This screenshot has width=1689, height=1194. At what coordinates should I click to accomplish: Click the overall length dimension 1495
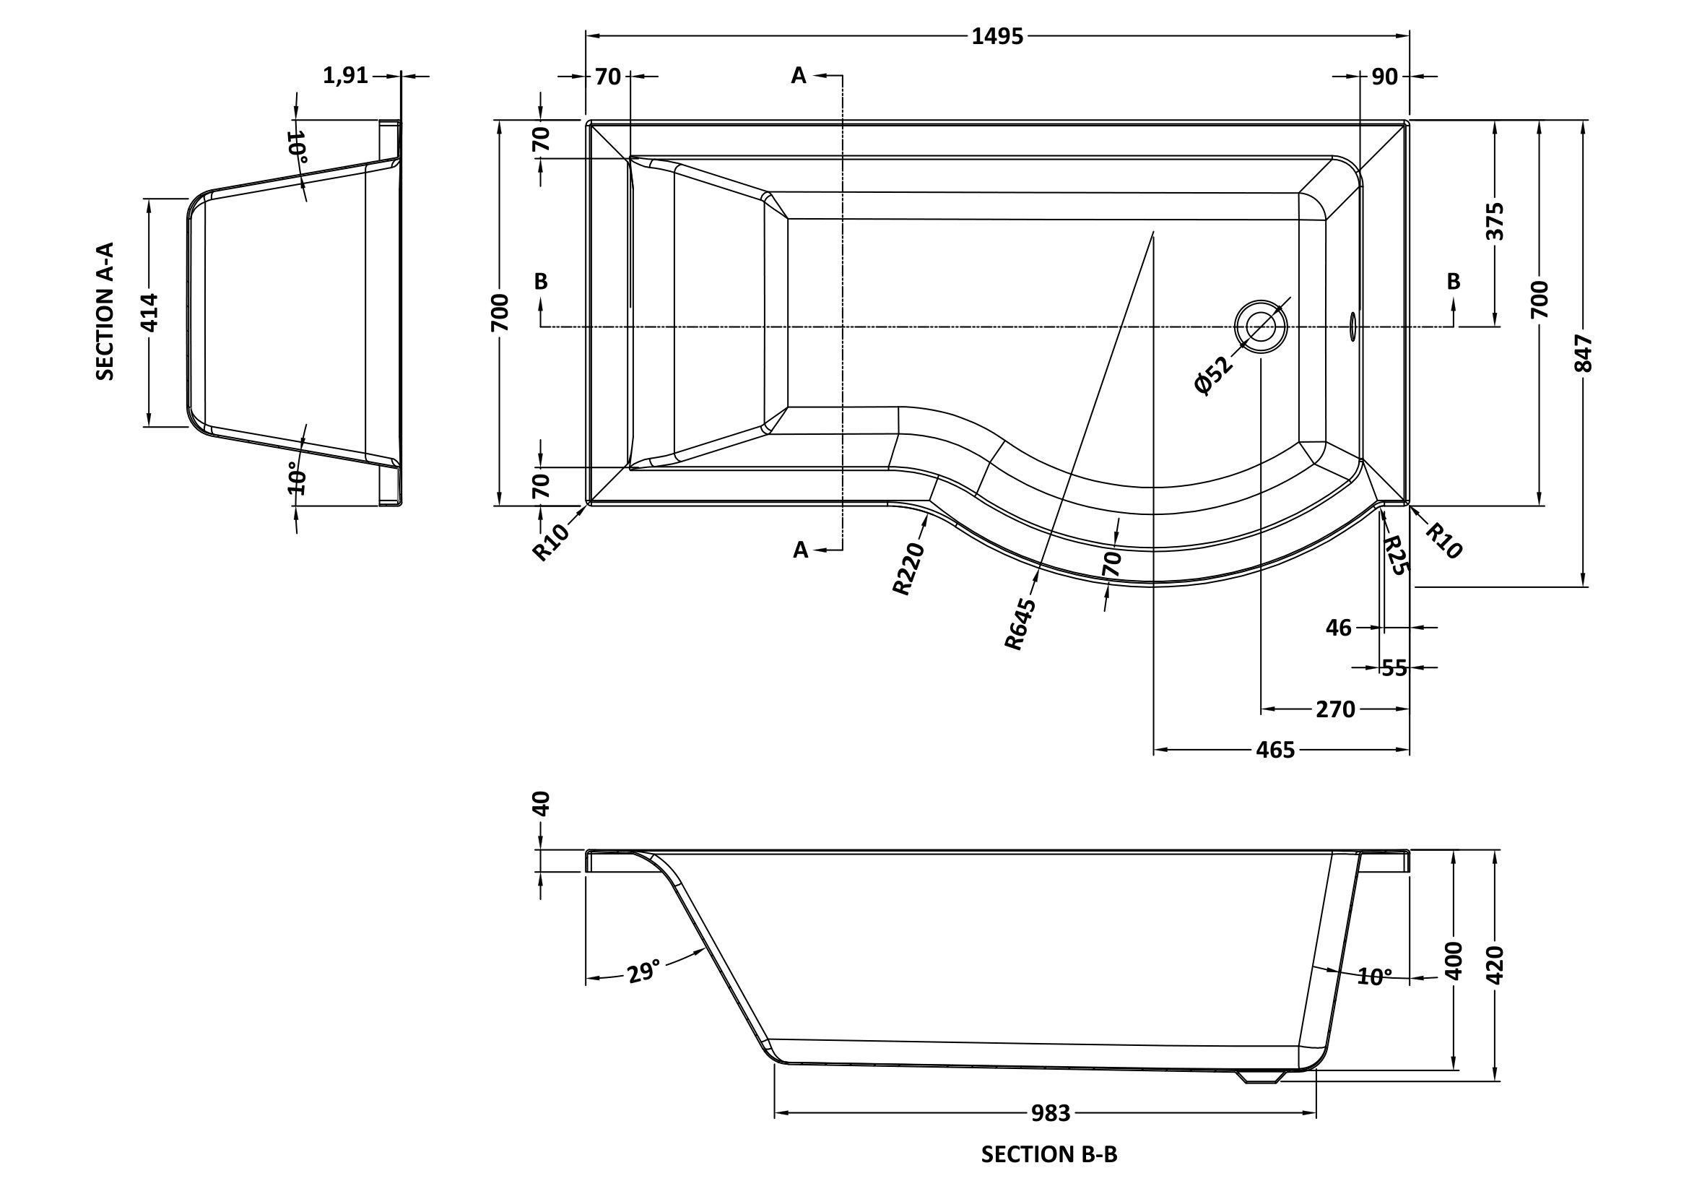pyautogui.click(x=997, y=36)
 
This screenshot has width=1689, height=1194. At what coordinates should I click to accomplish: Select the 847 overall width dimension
pyautogui.click(x=1584, y=353)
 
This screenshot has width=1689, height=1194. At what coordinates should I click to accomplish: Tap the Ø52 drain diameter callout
pyautogui.click(x=1212, y=376)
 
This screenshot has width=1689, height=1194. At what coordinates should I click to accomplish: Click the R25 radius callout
pyautogui.click(x=1395, y=555)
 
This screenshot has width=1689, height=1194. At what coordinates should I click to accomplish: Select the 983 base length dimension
pyautogui.click(x=1050, y=1114)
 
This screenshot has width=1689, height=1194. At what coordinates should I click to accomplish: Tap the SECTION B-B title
pyautogui.click(x=1049, y=1155)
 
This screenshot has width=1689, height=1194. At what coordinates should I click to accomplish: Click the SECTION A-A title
pyautogui.click(x=105, y=311)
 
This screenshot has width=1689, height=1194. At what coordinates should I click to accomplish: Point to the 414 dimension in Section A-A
pyautogui.click(x=149, y=312)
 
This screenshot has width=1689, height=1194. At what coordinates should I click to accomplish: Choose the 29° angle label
pyautogui.click(x=642, y=972)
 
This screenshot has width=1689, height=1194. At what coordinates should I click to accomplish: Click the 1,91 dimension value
pyautogui.click(x=346, y=75)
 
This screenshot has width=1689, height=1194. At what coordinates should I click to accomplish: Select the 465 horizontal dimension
pyautogui.click(x=1275, y=750)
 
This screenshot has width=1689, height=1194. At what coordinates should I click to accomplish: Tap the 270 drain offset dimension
pyautogui.click(x=1335, y=709)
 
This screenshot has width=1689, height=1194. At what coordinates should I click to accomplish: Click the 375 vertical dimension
pyautogui.click(x=1495, y=221)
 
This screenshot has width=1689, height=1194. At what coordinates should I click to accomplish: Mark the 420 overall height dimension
pyautogui.click(x=1495, y=965)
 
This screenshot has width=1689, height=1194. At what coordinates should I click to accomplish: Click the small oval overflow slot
pyautogui.click(x=1352, y=326)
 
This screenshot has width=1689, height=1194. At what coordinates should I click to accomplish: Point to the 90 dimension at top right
pyautogui.click(x=1384, y=77)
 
